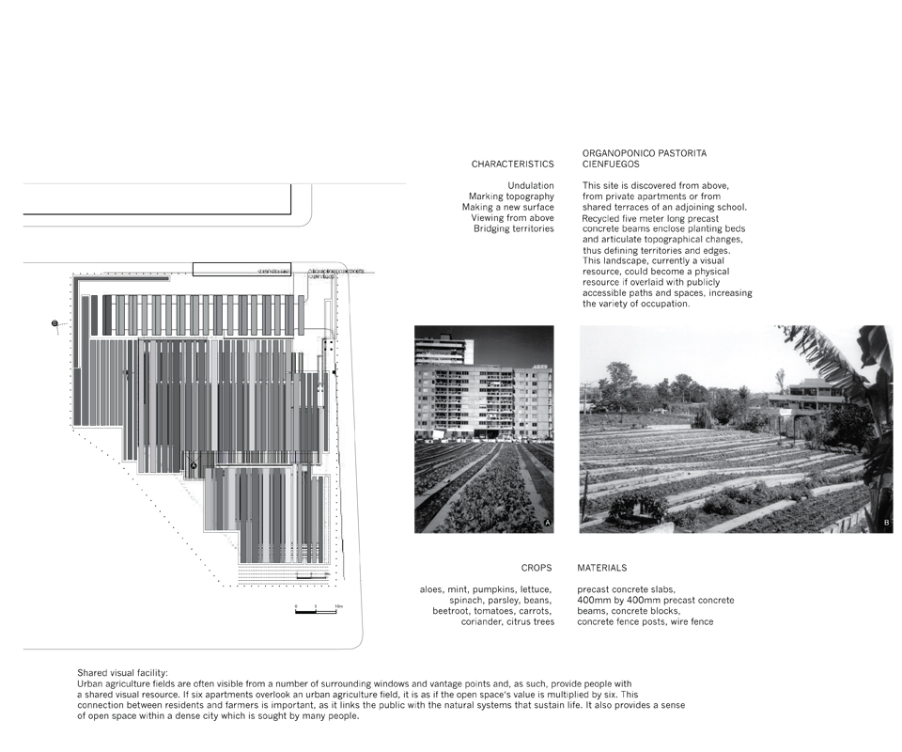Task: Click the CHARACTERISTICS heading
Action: (512, 164)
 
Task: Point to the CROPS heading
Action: (537, 569)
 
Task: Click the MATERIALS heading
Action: (601, 569)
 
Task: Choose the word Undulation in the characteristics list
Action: (530, 186)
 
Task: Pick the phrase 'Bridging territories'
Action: (513, 228)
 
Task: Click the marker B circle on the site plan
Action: (54, 324)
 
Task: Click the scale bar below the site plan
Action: (316, 612)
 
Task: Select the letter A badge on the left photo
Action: (547, 523)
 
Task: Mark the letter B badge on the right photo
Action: (885, 523)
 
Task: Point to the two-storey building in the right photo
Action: (804, 395)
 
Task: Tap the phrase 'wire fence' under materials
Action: (691, 621)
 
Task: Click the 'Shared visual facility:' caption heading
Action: (122, 673)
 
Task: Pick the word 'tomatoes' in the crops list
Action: (490, 611)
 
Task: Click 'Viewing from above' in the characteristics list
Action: (512, 218)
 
